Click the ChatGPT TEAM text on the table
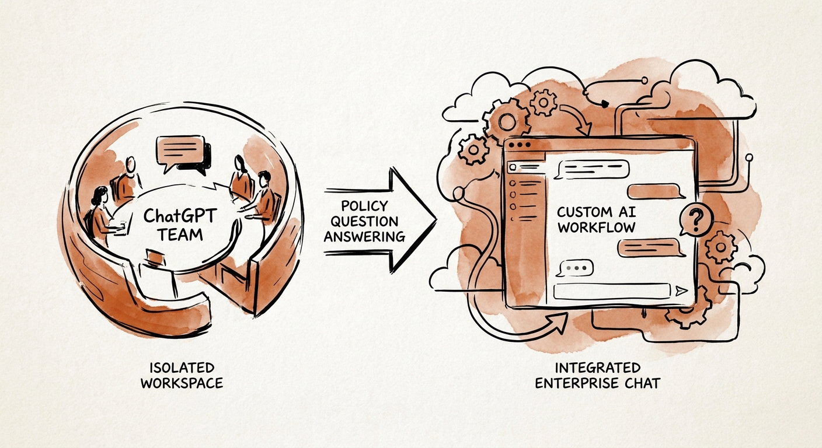pyautogui.click(x=179, y=225)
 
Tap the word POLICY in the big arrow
pyautogui.click(x=364, y=206)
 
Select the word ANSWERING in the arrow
pyautogui.click(x=364, y=237)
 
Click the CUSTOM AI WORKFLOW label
pyautogui.click(x=596, y=219)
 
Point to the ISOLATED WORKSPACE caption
pyautogui.click(x=182, y=376)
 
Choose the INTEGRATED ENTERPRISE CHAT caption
pyautogui.click(x=597, y=376)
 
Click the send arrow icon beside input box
pyautogui.click(x=681, y=291)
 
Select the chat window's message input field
pyautogui.click(x=612, y=291)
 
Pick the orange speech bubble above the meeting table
pyautogui.click(x=180, y=152)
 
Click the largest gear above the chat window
pyautogui.click(x=507, y=121)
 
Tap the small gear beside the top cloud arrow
pyautogui.click(x=544, y=102)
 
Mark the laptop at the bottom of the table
pyautogui.click(x=155, y=257)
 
